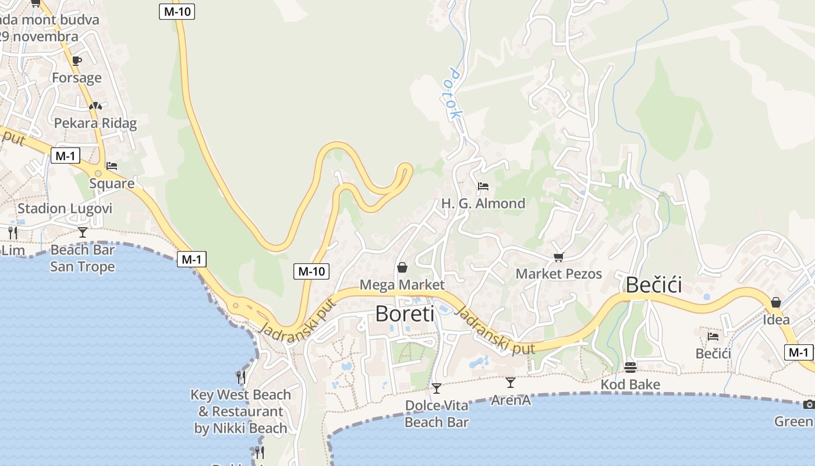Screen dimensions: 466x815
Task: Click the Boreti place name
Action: click(405, 314)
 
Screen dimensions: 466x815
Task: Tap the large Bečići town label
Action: click(653, 285)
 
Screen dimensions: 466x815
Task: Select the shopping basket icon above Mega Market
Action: click(402, 267)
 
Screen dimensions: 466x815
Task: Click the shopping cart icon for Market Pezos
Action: click(559, 256)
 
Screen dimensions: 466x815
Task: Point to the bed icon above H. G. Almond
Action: click(483, 186)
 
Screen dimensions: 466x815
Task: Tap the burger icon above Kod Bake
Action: click(630, 368)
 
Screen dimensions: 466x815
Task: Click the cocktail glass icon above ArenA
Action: click(511, 383)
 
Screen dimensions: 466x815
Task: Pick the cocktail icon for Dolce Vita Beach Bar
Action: click(436, 388)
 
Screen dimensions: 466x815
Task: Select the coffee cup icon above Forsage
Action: click(76, 61)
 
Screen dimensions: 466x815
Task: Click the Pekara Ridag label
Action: click(95, 123)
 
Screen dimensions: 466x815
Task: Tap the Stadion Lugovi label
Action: click(65, 209)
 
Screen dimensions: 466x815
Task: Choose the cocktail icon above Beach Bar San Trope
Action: click(83, 232)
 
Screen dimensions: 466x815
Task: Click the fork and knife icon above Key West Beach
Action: click(240, 377)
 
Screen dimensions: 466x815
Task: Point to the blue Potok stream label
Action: click(453, 94)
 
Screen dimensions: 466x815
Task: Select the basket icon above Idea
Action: click(775, 302)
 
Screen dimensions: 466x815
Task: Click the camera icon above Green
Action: click(809, 404)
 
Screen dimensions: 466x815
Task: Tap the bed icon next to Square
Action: click(112, 166)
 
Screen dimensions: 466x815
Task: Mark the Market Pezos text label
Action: click(559, 274)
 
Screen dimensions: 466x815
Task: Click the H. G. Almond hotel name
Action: click(483, 203)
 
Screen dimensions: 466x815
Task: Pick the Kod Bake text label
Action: click(630, 384)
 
